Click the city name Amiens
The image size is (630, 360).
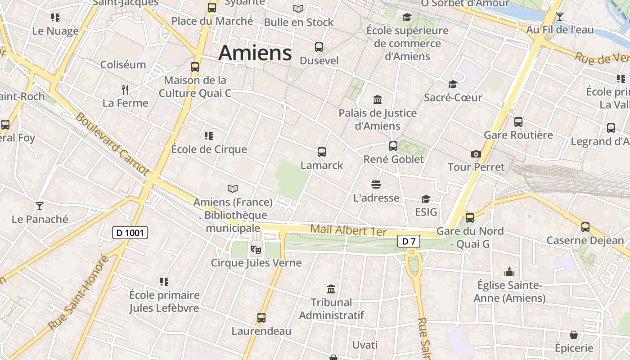pos(255,53)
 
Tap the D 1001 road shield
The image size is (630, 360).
pos(130,233)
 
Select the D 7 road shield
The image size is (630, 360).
pos(409,242)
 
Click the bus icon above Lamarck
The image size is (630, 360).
pos(321,152)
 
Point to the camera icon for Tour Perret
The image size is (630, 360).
pos(476,154)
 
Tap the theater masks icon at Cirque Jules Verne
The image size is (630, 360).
pos(256,249)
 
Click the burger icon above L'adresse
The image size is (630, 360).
pos(376,184)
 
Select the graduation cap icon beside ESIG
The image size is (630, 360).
pos(426,199)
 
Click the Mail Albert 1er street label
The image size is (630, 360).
pos(349,230)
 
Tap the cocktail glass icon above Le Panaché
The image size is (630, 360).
pos(40,206)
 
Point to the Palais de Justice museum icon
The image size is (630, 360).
pos(378,99)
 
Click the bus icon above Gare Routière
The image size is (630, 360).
pos(518,121)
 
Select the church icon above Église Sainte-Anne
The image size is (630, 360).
pos(509,272)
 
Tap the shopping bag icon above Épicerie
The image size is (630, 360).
pos(574,335)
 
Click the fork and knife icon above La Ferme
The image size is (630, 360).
pos(125,90)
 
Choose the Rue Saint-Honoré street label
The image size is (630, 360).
pos(79,292)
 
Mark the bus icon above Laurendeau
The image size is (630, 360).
pos(261,318)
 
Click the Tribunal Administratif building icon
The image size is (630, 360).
pos(331,289)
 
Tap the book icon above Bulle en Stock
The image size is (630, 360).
pos(298,9)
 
